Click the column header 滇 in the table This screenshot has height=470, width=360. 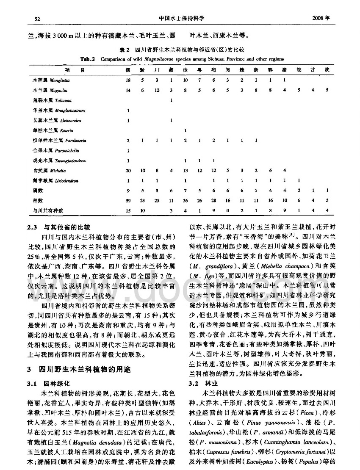[127, 69]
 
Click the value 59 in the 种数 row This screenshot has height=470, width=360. [127, 201]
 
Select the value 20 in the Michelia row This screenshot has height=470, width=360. [127, 171]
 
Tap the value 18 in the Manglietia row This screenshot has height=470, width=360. [127, 80]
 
